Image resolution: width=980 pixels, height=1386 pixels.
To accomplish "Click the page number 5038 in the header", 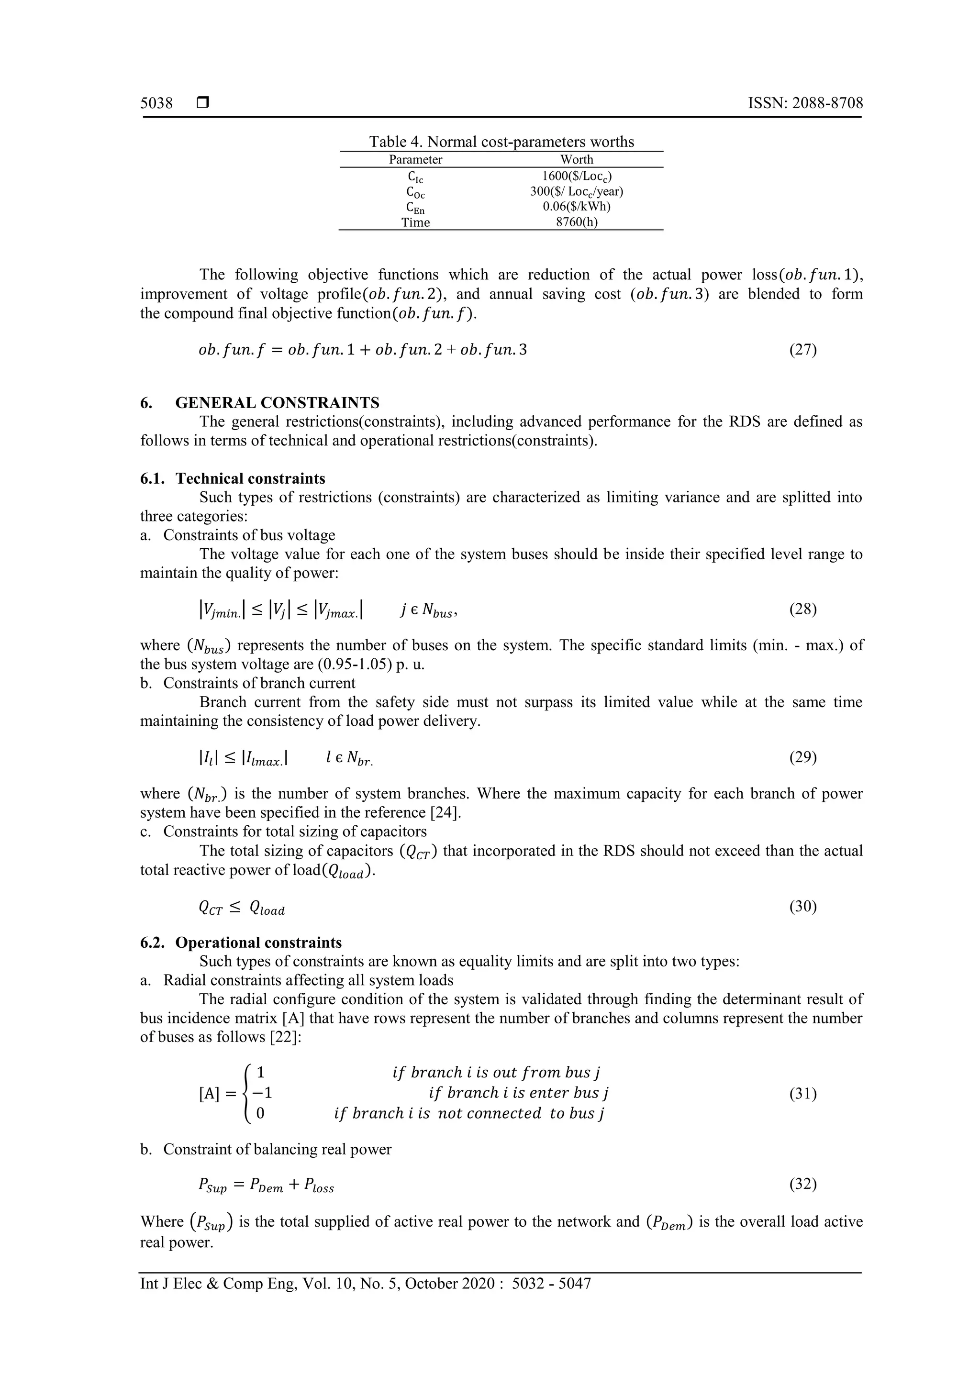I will point(156,103).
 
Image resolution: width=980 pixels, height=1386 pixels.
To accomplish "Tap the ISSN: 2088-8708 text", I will point(805,103).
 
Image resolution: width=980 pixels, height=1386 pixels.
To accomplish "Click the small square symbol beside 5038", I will point(203,103).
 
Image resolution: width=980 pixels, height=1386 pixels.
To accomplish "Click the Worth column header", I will point(577,159).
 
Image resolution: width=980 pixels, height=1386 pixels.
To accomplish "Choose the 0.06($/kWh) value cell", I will point(577,207).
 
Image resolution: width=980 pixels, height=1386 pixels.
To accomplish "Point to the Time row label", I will point(415,222).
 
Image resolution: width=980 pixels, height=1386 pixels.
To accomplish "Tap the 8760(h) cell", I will point(577,222).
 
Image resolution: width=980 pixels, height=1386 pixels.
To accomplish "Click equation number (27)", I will point(802,350).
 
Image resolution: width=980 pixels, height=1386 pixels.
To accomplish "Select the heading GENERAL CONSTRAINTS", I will point(277,403).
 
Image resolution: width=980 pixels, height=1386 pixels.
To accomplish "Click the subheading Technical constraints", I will point(250,479).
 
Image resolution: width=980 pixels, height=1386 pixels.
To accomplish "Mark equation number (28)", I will point(802,609).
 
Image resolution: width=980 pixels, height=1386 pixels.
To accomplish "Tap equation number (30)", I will point(802,907).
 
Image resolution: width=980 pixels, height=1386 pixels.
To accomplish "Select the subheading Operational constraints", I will point(258,943).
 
